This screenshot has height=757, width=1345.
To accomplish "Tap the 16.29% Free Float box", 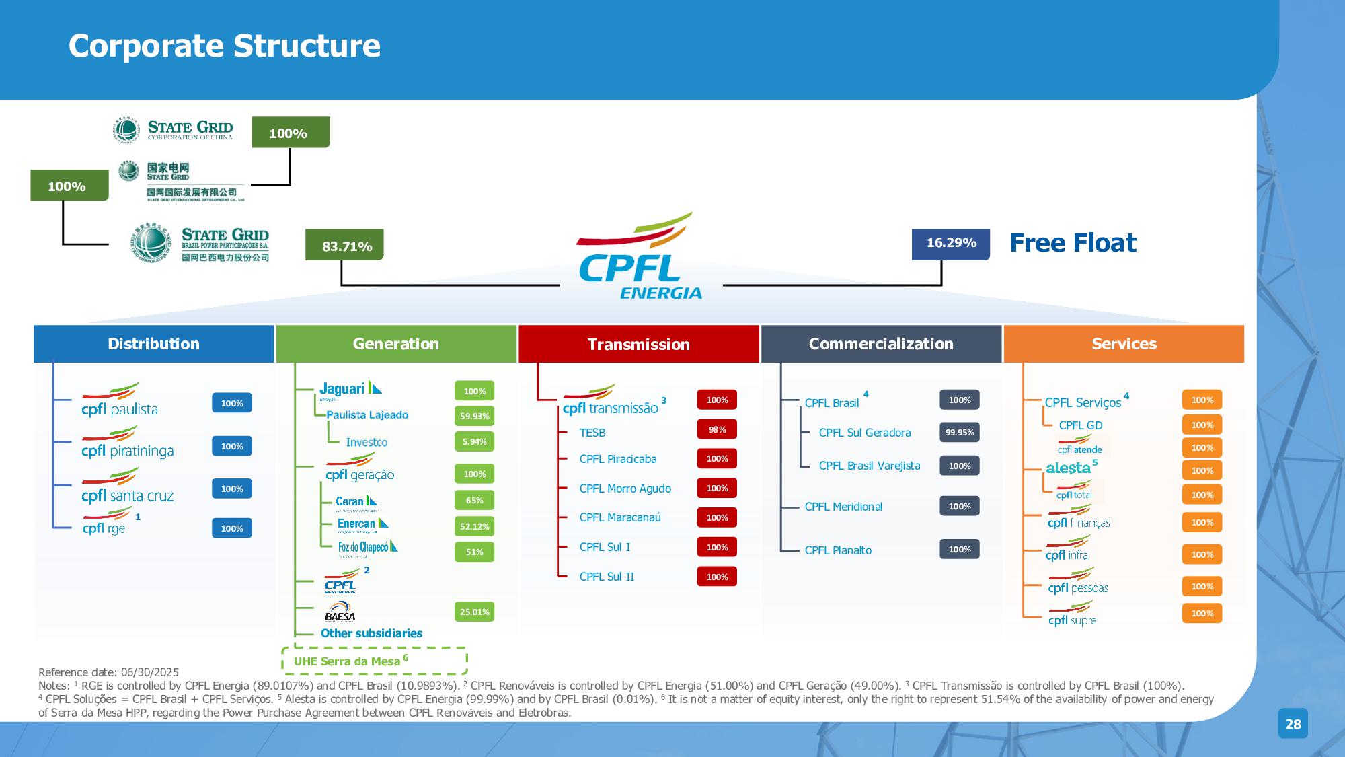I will (x=951, y=244).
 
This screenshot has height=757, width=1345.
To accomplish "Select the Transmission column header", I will (x=638, y=344).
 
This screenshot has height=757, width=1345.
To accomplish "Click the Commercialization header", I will (x=881, y=344).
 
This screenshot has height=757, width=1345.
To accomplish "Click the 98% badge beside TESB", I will (x=717, y=429).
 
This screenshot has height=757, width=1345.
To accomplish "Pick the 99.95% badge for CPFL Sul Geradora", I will (x=959, y=432).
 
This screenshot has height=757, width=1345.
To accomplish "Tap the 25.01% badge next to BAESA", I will (x=474, y=612).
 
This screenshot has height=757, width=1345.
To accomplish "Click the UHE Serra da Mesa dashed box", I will (x=374, y=661).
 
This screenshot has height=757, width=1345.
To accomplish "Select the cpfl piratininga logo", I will (x=127, y=444).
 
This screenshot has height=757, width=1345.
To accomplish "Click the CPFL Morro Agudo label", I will (x=625, y=489).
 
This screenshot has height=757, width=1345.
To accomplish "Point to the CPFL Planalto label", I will (x=838, y=550).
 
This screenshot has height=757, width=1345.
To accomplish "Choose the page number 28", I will (x=1293, y=724).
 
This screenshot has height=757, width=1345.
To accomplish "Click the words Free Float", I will (x=1073, y=243).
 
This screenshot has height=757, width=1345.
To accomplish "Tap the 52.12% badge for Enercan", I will (x=474, y=526).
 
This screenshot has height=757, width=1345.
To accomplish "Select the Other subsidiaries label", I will (x=371, y=633).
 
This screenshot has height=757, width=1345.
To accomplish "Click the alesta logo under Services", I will (x=1068, y=468).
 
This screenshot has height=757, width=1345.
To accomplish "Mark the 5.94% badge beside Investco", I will (x=474, y=441).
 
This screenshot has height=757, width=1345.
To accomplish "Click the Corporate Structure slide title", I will (x=224, y=46).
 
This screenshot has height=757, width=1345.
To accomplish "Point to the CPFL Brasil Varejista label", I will (x=869, y=466).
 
